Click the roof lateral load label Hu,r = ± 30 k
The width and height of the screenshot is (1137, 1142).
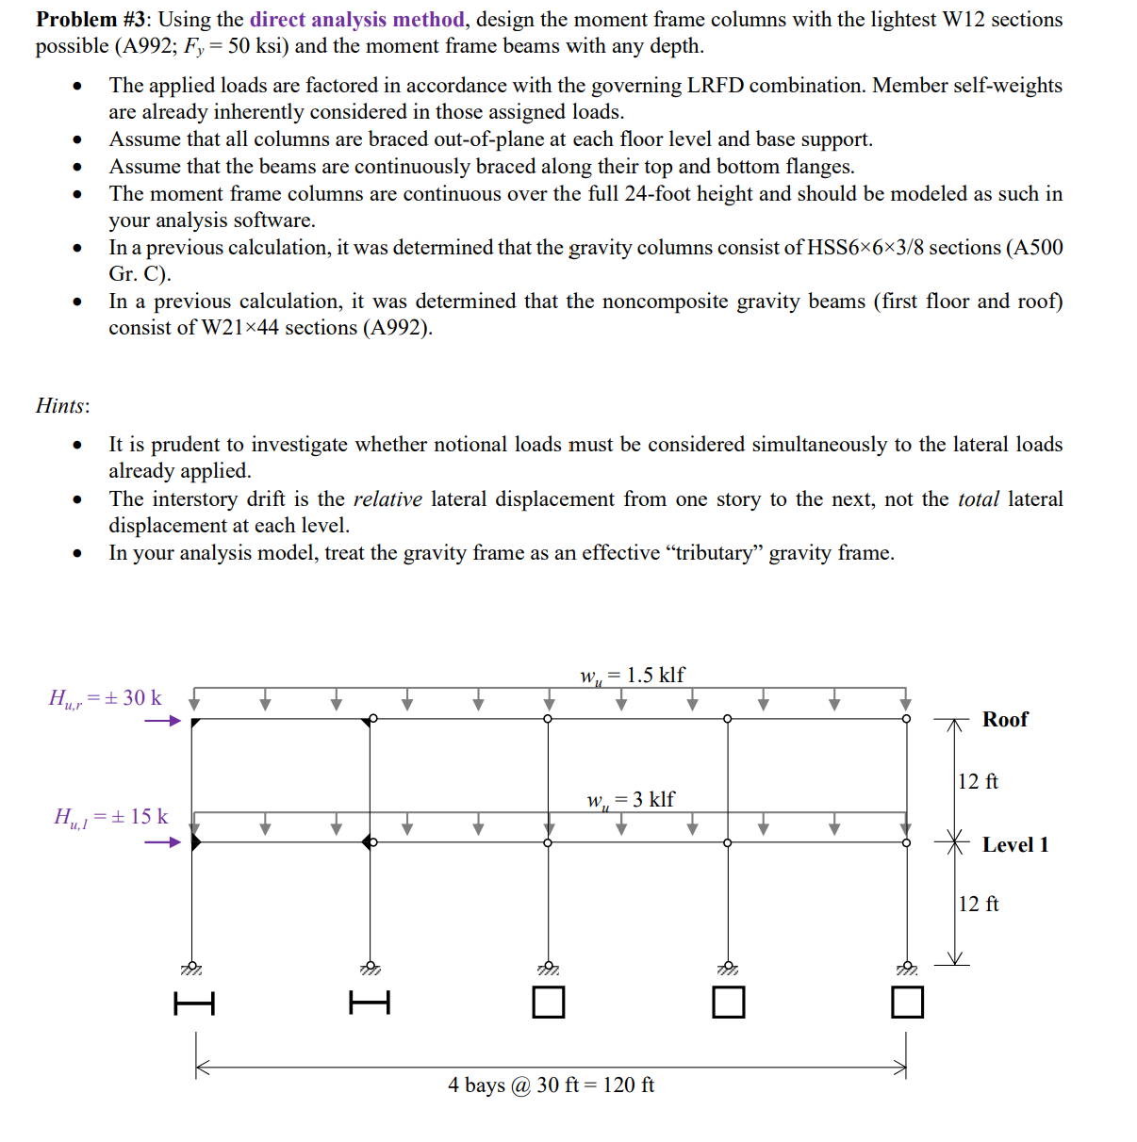[105, 698]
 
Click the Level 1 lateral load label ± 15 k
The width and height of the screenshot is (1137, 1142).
[110, 817]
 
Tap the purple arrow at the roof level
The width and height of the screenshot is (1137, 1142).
[162, 721]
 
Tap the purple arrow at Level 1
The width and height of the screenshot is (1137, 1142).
[162, 842]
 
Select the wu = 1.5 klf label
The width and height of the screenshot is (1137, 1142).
[632, 676]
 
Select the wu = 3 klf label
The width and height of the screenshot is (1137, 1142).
[630, 800]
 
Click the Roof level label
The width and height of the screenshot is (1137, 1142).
[1005, 719]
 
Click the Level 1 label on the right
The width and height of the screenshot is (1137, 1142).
[1014, 844]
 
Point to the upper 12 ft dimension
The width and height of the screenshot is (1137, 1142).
[978, 781]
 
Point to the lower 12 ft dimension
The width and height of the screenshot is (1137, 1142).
[979, 904]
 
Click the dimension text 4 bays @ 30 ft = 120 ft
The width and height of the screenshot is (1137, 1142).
[551, 1085]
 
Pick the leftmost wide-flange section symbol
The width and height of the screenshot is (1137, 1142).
[194, 1003]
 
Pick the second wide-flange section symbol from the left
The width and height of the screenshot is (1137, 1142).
[370, 1003]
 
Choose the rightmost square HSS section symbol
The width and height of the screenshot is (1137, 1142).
[907, 1002]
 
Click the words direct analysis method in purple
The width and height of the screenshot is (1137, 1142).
[357, 20]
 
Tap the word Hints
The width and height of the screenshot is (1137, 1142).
[61, 406]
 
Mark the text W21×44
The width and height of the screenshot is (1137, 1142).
[240, 328]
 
